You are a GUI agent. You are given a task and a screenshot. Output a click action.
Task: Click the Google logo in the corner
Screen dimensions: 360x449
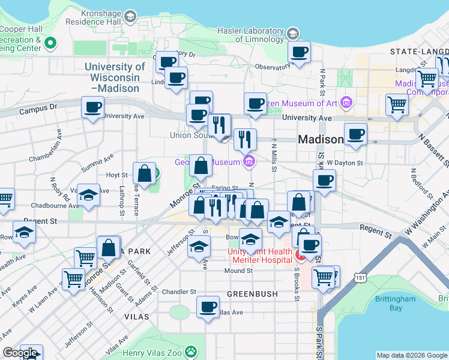point(20,353)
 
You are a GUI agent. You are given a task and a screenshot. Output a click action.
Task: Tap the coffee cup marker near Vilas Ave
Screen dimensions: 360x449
point(208,307)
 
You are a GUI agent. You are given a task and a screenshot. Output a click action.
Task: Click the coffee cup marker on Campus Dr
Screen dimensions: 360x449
point(92,108)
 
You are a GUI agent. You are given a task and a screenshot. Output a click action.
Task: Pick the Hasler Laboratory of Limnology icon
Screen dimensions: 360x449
point(293,33)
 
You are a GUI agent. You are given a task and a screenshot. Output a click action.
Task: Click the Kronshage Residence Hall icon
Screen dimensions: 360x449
point(130,17)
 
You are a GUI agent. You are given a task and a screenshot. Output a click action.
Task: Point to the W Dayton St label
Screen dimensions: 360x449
point(345,163)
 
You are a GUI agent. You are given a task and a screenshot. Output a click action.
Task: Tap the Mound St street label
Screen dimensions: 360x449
point(238,271)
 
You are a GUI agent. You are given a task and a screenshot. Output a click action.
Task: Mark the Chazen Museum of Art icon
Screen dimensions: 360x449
point(346,103)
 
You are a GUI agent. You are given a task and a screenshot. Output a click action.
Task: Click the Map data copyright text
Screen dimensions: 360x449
point(412,355)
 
